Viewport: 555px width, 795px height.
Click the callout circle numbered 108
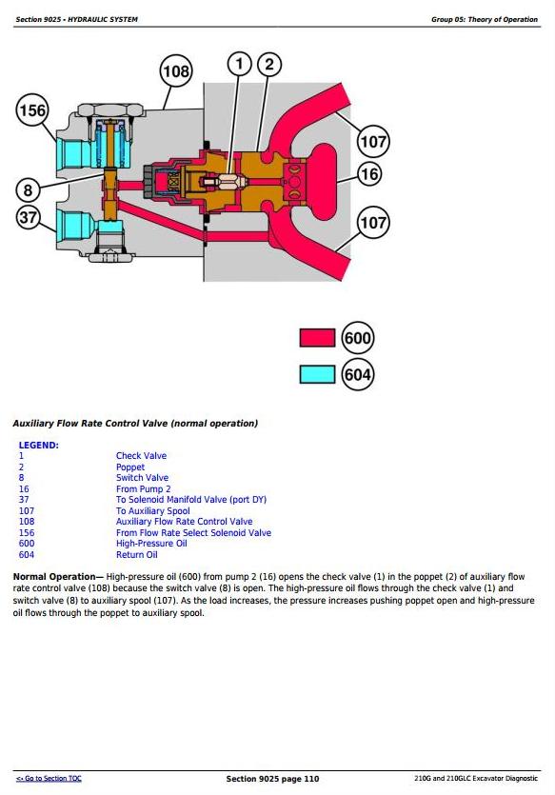(176, 71)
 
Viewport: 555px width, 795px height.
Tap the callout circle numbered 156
(32, 110)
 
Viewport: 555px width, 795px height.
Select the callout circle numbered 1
(240, 65)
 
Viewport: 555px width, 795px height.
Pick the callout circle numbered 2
(269, 65)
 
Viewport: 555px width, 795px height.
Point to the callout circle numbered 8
(28, 190)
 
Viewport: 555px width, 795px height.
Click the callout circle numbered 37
(28, 218)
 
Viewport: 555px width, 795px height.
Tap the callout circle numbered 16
(369, 174)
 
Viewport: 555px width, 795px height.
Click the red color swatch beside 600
(317, 338)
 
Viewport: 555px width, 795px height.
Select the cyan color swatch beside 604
(317, 375)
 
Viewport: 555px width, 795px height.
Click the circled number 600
(358, 338)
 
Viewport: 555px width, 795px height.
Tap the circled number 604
(358, 375)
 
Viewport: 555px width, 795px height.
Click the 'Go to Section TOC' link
(49, 778)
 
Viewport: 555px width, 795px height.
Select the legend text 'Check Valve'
(141, 456)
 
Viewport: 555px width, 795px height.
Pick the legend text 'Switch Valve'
(142, 478)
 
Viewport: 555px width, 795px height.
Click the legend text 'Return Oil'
(136, 555)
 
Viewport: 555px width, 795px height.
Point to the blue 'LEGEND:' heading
(38, 446)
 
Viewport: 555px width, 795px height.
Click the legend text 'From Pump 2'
(144, 488)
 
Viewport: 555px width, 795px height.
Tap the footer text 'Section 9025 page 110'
(272, 778)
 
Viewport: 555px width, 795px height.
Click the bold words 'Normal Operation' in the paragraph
(54, 576)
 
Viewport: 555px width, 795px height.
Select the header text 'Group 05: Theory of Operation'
(485, 19)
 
